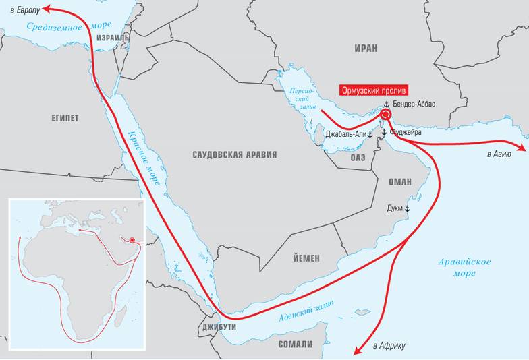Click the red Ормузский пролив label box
(374, 90)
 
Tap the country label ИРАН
(365, 49)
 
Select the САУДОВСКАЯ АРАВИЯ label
(235, 154)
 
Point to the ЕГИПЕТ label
(65, 118)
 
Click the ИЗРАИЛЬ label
(113, 38)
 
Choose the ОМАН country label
(399, 182)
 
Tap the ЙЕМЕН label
(306, 258)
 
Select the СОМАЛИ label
(296, 344)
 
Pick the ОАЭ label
(358, 157)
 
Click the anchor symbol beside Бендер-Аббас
(387, 104)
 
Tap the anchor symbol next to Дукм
(407, 209)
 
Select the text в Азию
(499, 154)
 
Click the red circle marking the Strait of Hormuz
(385, 115)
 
